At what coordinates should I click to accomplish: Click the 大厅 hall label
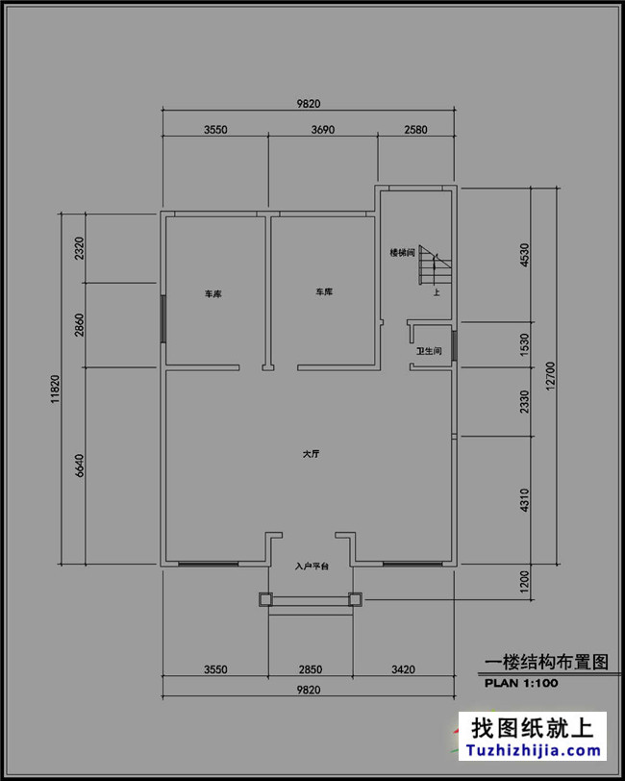pyautogui.click(x=311, y=454)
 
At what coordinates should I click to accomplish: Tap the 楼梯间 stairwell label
pyautogui.click(x=401, y=253)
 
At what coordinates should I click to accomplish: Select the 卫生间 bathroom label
pyautogui.click(x=428, y=352)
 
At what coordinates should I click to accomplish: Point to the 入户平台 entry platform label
pyautogui.click(x=311, y=568)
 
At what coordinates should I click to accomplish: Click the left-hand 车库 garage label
pyautogui.click(x=212, y=293)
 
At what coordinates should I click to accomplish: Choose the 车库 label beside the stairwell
pyautogui.click(x=323, y=291)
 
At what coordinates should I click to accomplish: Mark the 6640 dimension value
pyautogui.click(x=80, y=466)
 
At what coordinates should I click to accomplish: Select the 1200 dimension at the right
pyautogui.click(x=524, y=583)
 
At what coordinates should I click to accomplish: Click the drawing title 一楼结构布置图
pyautogui.click(x=546, y=663)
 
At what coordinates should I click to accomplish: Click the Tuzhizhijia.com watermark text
pyautogui.click(x=534, y=751)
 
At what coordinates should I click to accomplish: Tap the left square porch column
pyautogui.click(x=266, y=599)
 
